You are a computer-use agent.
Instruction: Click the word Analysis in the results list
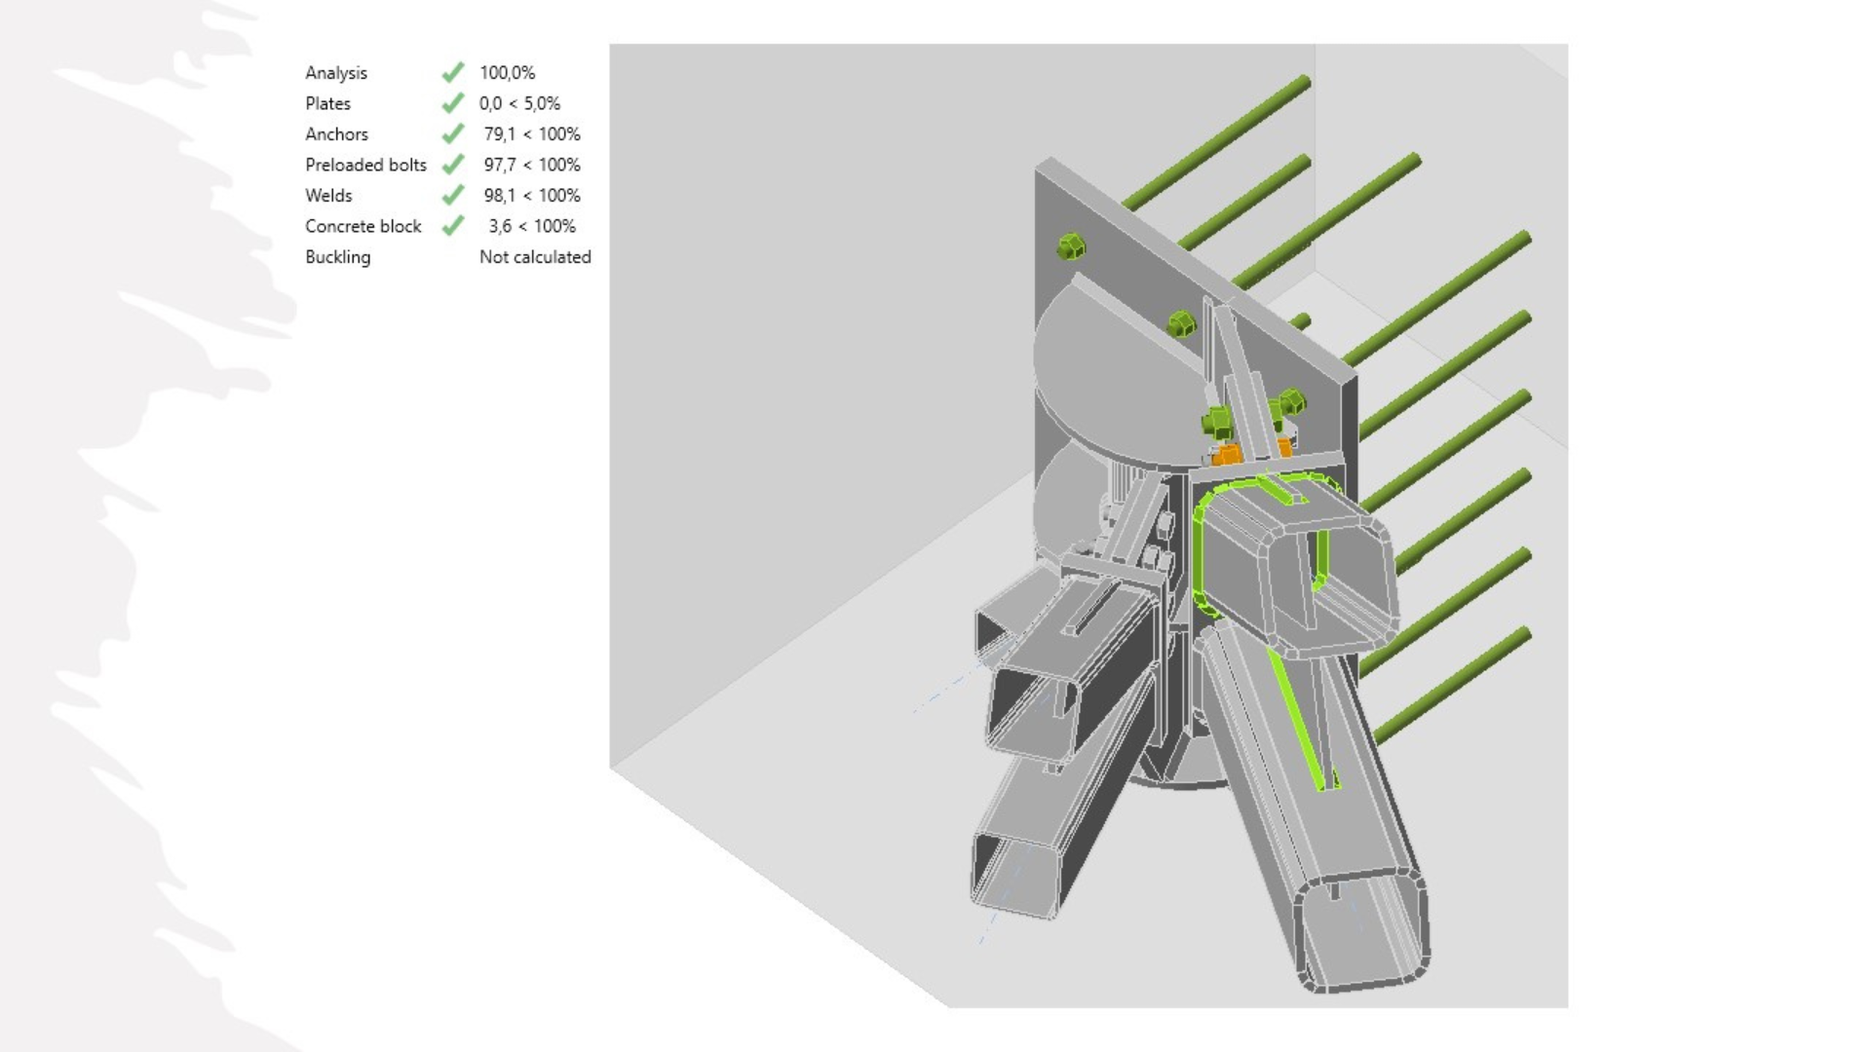336,73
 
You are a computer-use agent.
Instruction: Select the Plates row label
327,103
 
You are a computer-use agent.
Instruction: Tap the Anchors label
336,134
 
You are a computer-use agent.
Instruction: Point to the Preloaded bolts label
365,165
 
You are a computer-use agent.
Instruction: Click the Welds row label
328,196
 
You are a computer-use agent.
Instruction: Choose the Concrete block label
363,226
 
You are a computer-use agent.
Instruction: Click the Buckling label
337,257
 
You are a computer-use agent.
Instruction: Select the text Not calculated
535,257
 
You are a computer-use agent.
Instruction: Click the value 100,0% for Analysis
507,73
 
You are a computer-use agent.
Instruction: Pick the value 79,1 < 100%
532,134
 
